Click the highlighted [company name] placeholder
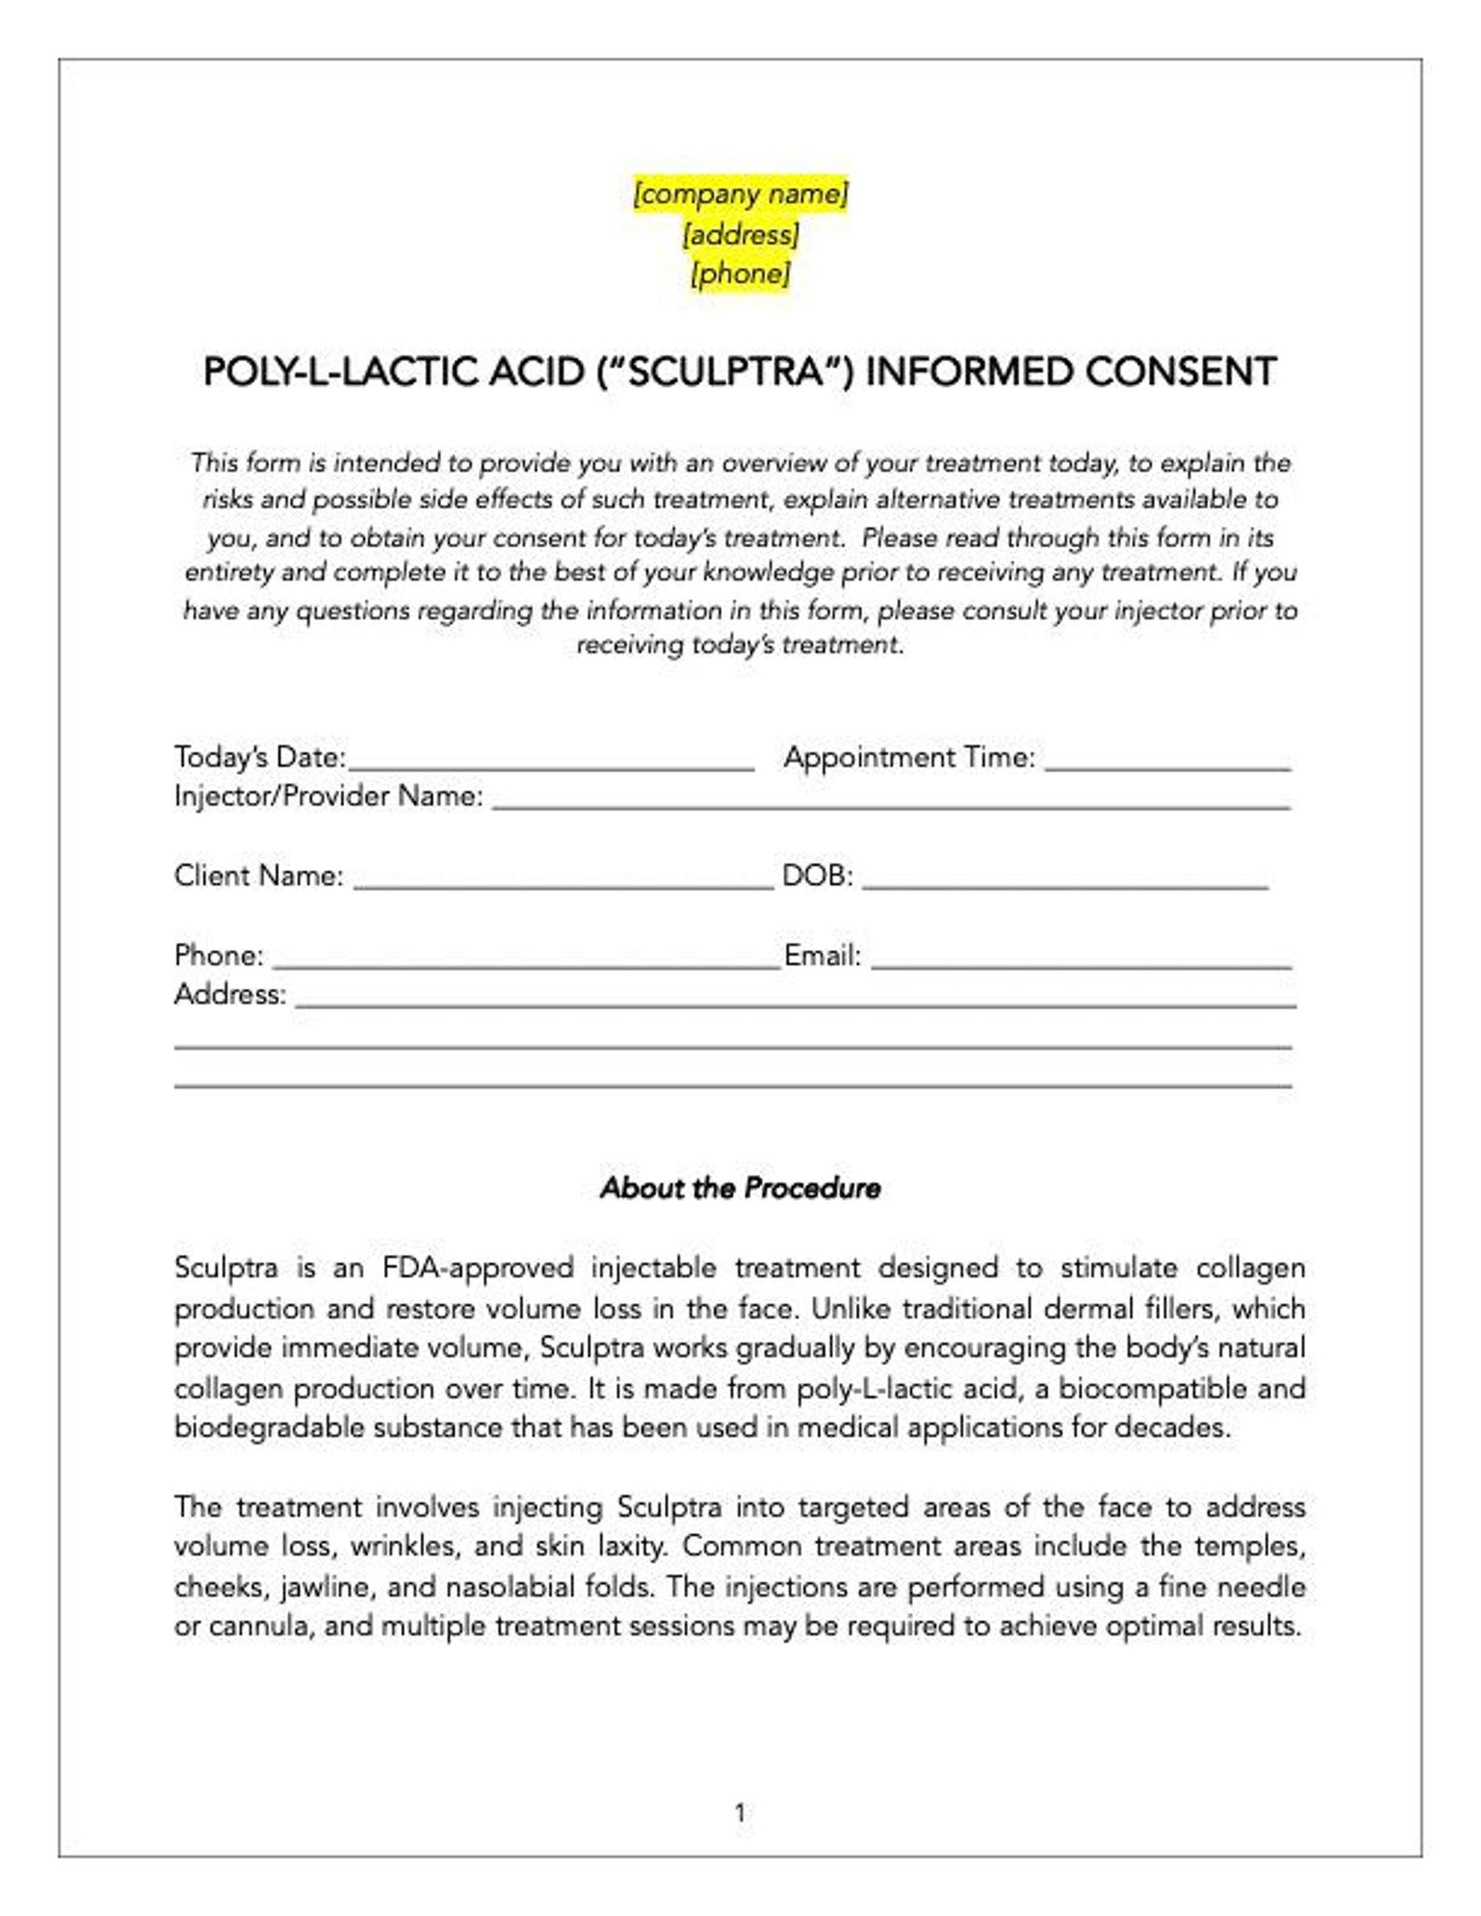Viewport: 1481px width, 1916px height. coord(740,194)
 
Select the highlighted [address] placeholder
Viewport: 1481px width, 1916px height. coord(740,234)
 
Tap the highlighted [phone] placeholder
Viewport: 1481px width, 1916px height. coord(740,274)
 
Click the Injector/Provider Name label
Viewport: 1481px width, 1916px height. coord(328,796)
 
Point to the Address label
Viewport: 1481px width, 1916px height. coord(229,995)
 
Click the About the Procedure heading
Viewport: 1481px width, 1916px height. coord(740,1189)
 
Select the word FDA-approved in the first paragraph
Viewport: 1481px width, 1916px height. coord(478,1269)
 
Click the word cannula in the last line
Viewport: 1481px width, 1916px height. coord(258,1627)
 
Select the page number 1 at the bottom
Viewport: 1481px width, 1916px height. coord(740,1813)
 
